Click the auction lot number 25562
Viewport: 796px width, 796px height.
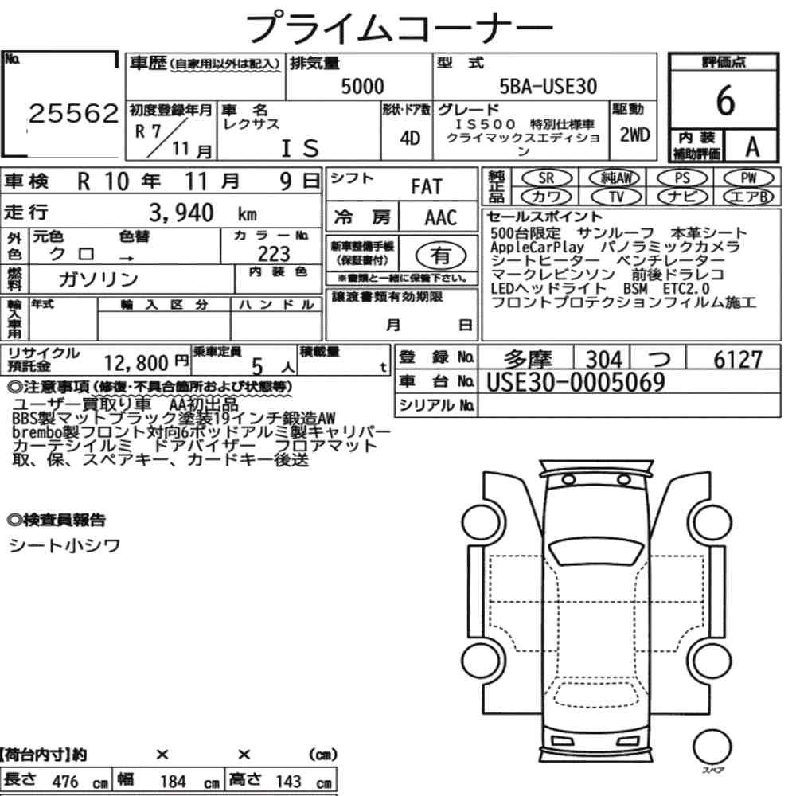coord(73,114)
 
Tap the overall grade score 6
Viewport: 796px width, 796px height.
coord(725,100)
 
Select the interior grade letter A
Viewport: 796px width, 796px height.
coord(752,146)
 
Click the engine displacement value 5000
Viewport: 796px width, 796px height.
coord(362,86)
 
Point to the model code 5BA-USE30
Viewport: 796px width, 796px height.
coord(548,86)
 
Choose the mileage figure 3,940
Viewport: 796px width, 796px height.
coord(181,213)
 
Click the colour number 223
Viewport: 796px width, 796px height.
coord(274,253)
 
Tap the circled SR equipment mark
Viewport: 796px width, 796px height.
coord(547,178)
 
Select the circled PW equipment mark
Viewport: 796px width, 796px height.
coord(748,178)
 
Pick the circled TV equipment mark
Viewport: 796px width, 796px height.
coord(616,197)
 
